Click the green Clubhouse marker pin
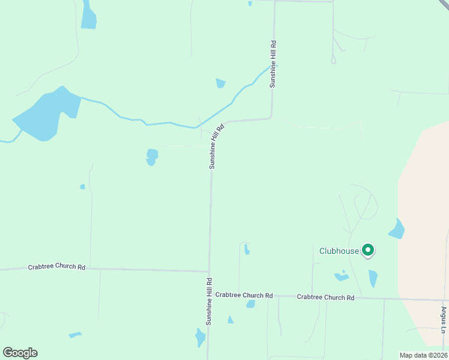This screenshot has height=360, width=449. (x=368, y=250)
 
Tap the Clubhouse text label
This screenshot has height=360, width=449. (x=339, y=251)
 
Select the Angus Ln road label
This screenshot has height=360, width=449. (x=444, y=320)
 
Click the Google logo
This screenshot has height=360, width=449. (x=20, y=353)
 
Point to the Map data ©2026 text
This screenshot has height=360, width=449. (x=423, y=355)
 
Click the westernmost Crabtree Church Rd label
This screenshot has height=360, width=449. (x=56, y=267)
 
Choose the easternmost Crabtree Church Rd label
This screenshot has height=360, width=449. (x=325, y=297)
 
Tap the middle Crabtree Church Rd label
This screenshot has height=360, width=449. (x=244, y=295)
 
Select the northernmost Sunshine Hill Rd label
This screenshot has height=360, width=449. (x=273, y=64)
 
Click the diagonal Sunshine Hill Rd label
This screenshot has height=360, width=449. (x=216, y=146)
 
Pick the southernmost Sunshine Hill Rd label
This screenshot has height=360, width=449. (x=209, y=301)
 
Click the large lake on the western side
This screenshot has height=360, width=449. (x=46, y=114)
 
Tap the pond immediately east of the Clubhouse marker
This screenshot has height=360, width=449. (x=397, y=229)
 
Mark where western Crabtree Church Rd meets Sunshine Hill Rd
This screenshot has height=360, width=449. (x=209, y=271)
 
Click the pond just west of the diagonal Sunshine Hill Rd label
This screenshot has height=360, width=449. (x=152, y=157)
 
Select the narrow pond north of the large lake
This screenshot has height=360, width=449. (x=88, y=16)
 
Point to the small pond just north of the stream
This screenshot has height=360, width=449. (x=220, y=83)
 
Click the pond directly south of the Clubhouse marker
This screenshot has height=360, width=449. (x=373, y=278)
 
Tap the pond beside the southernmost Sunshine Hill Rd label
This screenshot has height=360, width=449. (x=200, y=338)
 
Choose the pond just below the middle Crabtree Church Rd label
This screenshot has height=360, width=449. (x=250, y=304)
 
